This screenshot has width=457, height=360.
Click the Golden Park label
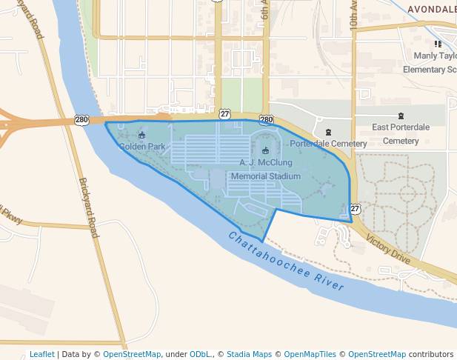click(142, 147)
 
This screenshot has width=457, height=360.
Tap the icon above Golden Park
click(142, 135)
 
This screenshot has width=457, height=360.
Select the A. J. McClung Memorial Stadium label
click(266, 169)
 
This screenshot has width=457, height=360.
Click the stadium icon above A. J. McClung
click(265, 150)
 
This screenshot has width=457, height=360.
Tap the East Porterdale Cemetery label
click(401, 133)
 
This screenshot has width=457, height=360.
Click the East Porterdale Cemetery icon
click(401, 116)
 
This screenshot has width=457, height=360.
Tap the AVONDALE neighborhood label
click(432, 9)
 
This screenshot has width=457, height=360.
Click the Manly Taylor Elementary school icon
click(447, 44)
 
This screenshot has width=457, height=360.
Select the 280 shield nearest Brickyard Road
click(81, 119)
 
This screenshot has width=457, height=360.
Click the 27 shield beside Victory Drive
click(356, 210)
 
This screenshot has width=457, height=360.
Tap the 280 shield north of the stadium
click(267, 119)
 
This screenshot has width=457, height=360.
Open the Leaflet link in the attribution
click(41, 354)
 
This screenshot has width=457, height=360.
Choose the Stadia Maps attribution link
click(250, 354)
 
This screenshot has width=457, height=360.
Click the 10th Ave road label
click(354, 16)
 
